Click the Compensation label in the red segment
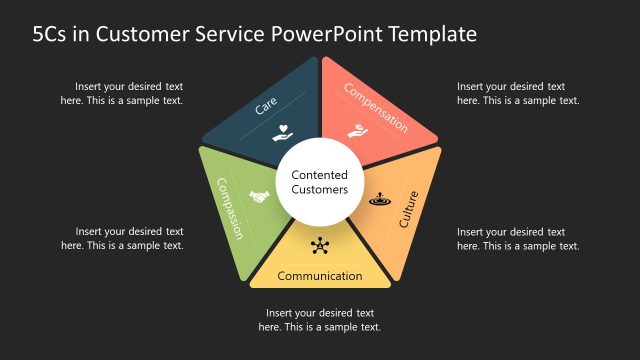click(x=376, y=108)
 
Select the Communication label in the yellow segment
click(x=320, y=276)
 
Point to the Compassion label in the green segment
click(x=231, y=208)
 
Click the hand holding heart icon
click(x=284, y=133)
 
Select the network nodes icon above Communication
click(x=320, y=245)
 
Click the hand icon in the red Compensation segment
click(x=355, y=131)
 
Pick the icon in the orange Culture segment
click(x=378, y=199)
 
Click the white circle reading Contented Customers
click(x=320, y=181)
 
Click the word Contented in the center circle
click(x=320, y=174)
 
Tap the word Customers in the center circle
click(x=320, y=189)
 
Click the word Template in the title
click(x=430, y=35)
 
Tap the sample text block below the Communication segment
click(x=320, y=320)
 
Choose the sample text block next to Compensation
click(x=518, y=93)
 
